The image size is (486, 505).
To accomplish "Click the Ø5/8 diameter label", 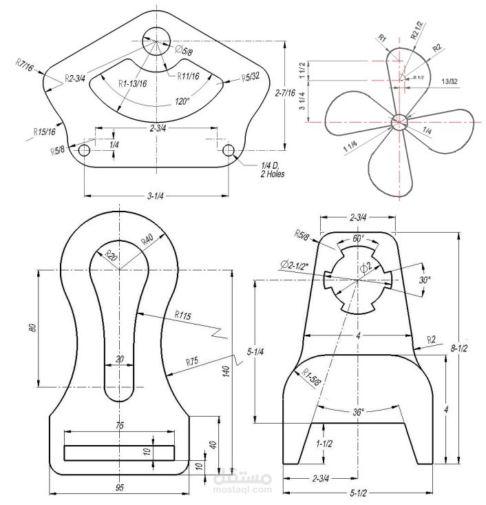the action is pos(184,50).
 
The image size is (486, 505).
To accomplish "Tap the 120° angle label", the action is pos(182,102).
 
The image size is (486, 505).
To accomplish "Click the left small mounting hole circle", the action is pos(84,150).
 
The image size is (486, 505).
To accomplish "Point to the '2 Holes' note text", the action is pos(273,174).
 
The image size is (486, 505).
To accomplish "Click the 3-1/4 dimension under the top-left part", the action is pos(155,196).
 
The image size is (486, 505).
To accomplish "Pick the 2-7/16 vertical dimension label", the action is pos(285,93).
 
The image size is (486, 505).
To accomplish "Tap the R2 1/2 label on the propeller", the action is pos(418,30).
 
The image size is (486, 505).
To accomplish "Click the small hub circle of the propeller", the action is pos(399,122).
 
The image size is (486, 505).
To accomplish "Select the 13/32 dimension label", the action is pos(450,81).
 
